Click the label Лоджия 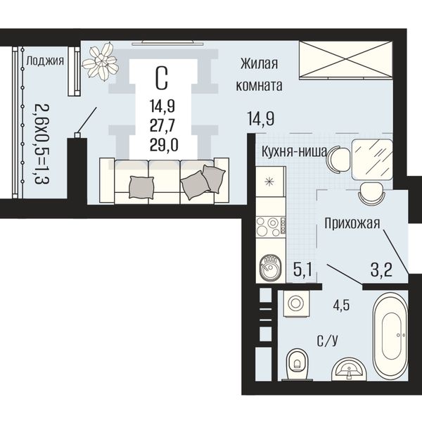[45, 61]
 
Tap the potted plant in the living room [100, 61]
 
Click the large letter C [162, 78]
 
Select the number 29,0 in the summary [164, 145]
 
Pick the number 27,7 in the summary [162, 125]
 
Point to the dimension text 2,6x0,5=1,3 [42, 144]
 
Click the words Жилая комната [259, 75]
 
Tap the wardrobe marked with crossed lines [345, 60]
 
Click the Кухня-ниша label [294, 151]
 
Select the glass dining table [372, 160]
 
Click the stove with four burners [271, 227]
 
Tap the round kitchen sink [270, 267]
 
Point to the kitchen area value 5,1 [303, 270]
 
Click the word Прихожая [352, 223]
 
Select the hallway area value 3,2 [381, 270]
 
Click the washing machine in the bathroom [296, 303]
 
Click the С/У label [327, 341]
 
